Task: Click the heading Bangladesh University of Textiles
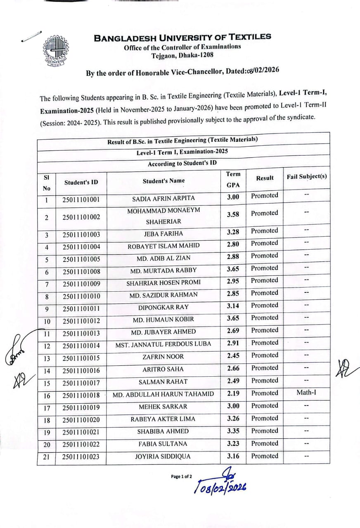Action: [x=182, y=37]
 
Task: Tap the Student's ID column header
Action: [x=81, y=182]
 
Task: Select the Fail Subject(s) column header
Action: [x=306, y=177]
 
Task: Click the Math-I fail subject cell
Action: [x=306, y=393]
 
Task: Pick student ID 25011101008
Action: [x=81, y=271]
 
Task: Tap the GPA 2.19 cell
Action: [x=233, y=394]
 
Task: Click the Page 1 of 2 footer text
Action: [x=181, y=477]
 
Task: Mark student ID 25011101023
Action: [x=81, y=457]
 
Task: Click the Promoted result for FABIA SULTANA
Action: [x=265, y=443]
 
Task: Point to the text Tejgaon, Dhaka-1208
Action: [x=182, y=55]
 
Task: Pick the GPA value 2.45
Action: [x=233, y=356]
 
